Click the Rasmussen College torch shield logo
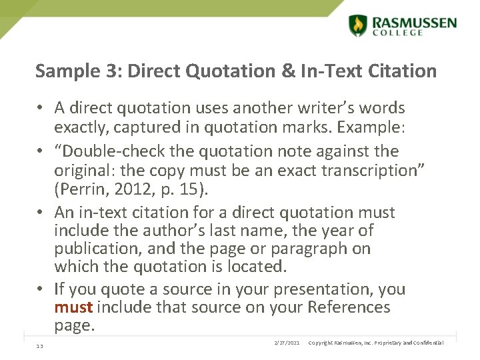point(358,25)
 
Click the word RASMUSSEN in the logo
point(415,23)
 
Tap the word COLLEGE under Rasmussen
point(398,33)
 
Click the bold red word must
point(74,307)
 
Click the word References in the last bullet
point(349,307)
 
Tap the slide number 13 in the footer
point(40,345)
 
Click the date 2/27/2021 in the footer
point(287,343)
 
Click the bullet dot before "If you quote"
point(41,290)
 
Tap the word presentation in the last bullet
point(313,289)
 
